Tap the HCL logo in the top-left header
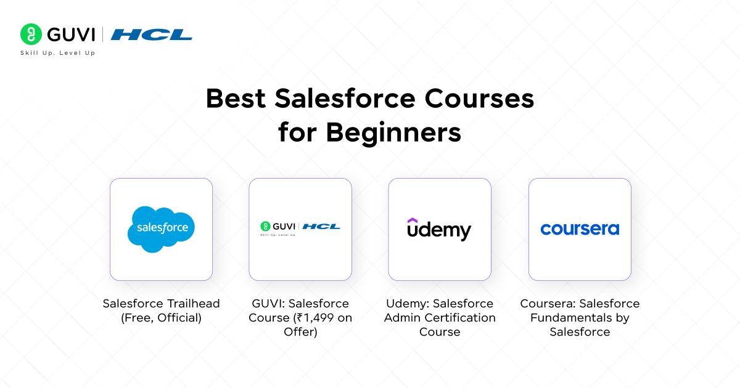[151, 34]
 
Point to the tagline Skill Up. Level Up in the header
[58, 53]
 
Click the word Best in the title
[236, 99]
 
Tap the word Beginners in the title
[393, 132]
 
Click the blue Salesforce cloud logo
[162, 229]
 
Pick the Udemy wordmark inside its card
[439, 230]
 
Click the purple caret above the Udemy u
[413, 220]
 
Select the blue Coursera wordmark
[580, 229]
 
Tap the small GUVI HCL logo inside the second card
[300, 228]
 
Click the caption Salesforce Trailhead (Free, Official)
[161, 310]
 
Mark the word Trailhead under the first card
[194, 304]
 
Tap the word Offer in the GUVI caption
[300, 332]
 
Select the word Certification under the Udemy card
[459, 318]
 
